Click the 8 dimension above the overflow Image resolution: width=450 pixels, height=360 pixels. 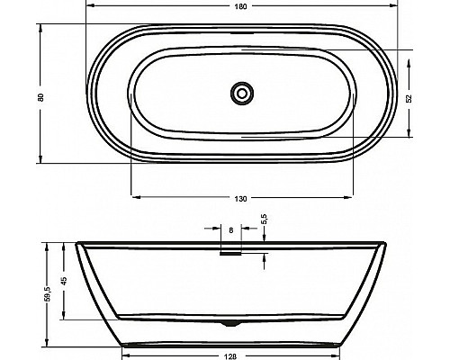click(232, 231)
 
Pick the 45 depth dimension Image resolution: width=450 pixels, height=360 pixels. click(65, 281)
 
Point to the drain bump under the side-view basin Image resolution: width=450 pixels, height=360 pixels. click(232, 321)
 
